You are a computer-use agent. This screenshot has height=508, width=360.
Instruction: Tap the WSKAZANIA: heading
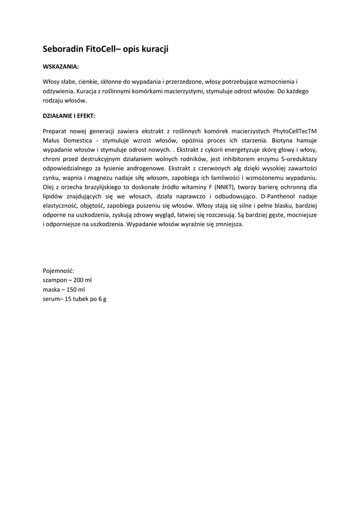(x=61, y=66)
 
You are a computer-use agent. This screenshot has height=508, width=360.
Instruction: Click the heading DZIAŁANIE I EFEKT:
(x=69, y=115)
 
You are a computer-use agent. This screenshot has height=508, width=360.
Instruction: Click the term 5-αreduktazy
(x=298, y=159)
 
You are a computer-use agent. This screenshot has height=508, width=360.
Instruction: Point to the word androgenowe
(x=144, y=168)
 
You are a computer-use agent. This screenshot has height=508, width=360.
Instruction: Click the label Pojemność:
(x=59, y=270)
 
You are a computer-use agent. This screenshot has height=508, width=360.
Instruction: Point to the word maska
(x=51, y=289)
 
